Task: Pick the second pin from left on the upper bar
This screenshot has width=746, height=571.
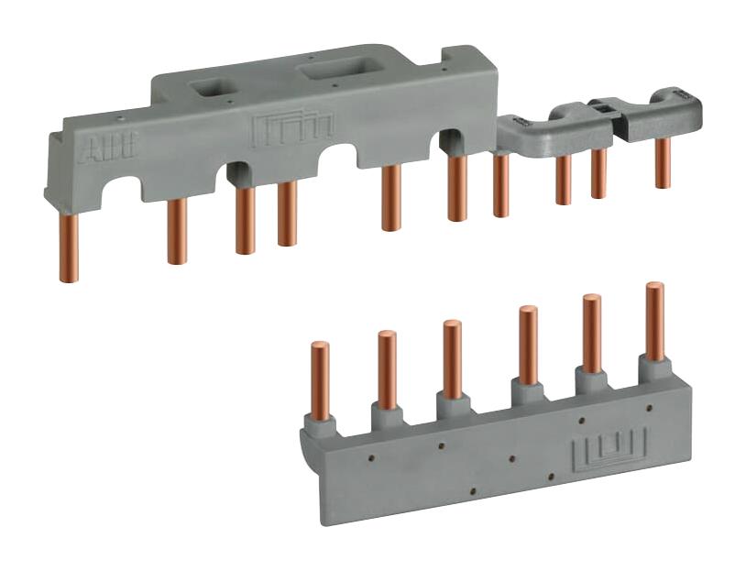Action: point(177,230)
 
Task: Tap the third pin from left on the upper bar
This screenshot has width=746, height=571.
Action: point(244,220)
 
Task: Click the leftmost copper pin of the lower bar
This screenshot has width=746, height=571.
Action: point(320,380)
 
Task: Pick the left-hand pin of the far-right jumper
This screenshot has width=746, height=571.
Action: point(598,172)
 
